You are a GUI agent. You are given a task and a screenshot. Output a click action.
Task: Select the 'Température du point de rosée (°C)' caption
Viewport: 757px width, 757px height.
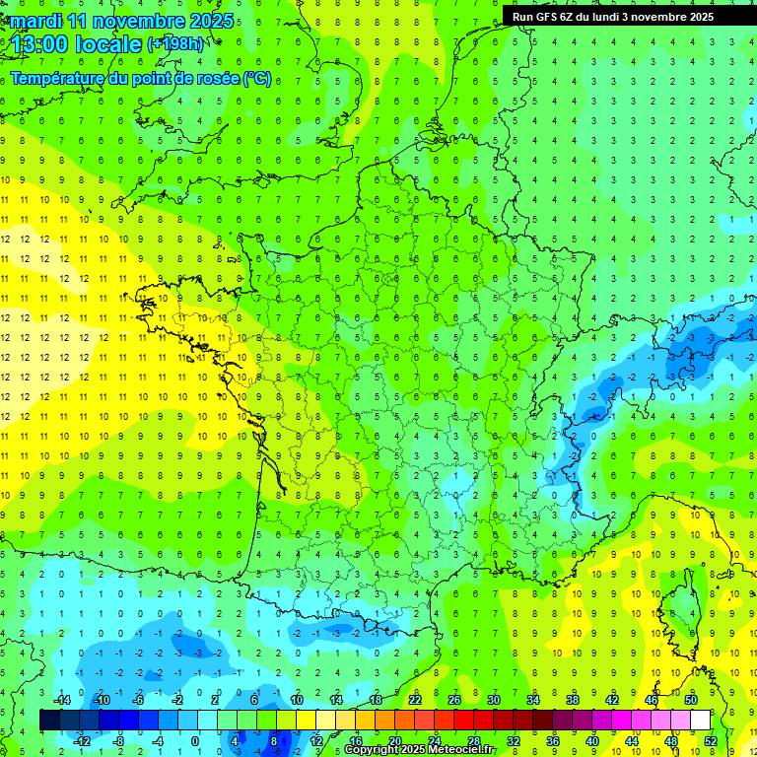140,78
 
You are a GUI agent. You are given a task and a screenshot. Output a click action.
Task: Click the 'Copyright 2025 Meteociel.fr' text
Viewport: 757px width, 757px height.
419,750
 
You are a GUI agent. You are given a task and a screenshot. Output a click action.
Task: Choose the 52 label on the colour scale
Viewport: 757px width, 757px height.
710,740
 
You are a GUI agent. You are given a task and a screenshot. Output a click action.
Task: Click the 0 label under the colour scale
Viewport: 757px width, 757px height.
196,740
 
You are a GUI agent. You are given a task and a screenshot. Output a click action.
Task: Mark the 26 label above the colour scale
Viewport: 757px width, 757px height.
453,700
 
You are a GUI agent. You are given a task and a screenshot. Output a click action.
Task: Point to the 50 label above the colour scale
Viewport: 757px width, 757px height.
690,700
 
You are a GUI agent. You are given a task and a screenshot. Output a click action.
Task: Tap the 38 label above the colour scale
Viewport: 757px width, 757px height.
572,700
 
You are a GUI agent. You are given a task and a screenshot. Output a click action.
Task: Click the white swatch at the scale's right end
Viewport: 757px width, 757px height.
700,721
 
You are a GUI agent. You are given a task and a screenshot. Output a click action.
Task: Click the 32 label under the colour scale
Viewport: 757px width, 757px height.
513,740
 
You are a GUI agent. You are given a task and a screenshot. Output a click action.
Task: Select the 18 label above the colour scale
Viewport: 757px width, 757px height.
375,700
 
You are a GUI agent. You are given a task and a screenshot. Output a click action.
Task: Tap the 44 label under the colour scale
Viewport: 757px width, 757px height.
631,740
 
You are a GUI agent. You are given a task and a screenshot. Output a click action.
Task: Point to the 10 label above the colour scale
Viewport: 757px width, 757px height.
296,700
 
